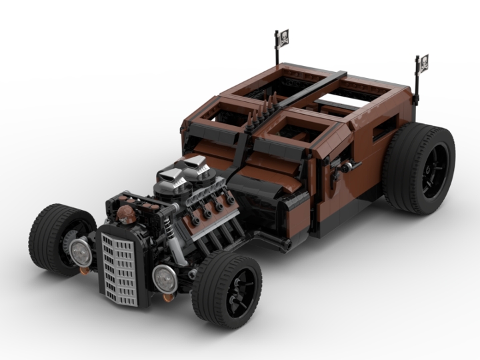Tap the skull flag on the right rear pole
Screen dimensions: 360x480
pos(423,63)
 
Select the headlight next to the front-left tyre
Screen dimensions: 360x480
pos(81,251)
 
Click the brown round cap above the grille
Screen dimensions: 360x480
pos(126,214)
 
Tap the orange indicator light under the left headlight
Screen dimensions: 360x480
pos(84,269)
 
